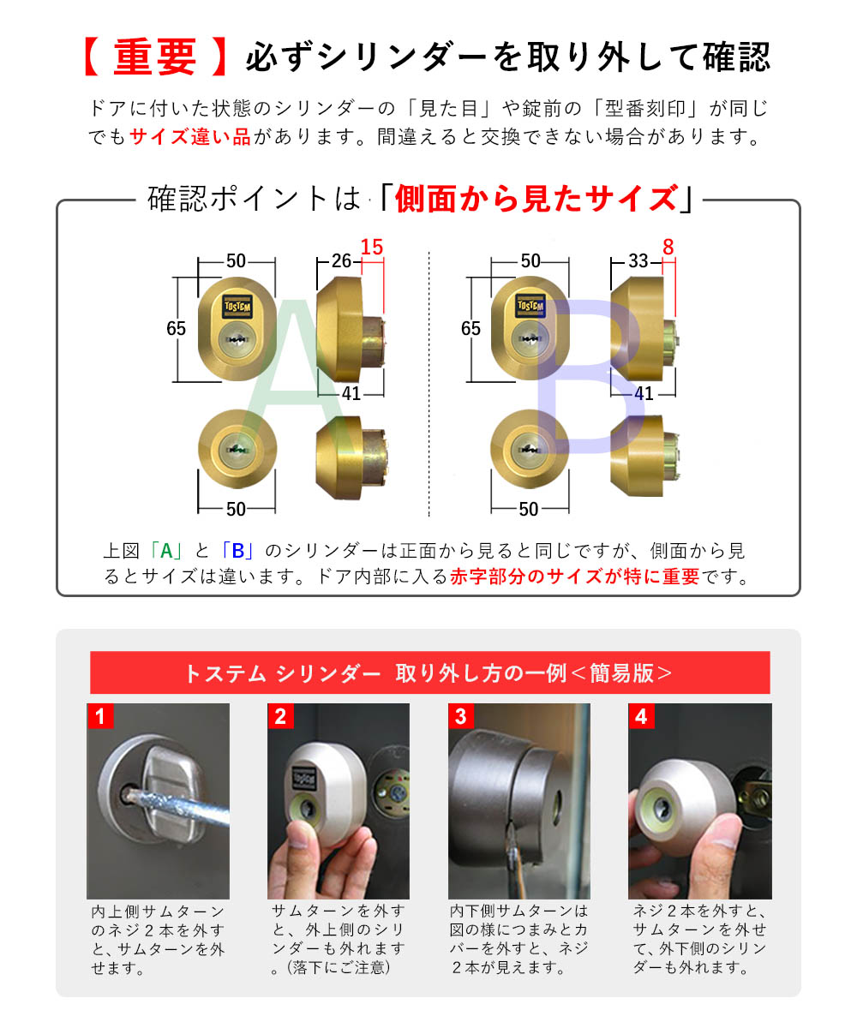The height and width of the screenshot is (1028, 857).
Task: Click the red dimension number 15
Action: (x=371, y=248)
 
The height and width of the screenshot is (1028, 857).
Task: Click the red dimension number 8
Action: (x=668, y=248)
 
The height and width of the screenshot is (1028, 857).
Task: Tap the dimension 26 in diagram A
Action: (x=341, y=261)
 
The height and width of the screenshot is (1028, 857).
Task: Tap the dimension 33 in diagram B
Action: (x=638, y=261)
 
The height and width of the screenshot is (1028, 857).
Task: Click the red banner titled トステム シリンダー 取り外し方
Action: (x=429, y=672)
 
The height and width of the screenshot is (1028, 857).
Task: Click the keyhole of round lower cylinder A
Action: (x=237, y=448)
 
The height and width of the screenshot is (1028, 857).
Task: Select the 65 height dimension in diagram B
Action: (x=470, y=328)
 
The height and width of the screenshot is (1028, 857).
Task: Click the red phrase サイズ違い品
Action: (x=190, y=137)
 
